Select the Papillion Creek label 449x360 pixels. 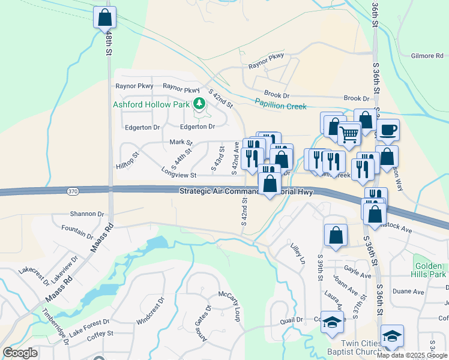pyautogui.click(x=280, y=106)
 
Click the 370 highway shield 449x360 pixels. pyautogui.click(x=72, y=191)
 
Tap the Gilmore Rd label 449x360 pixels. pyautogui.click(x=427, y=56)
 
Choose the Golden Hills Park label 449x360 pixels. pyautogui.click(x=430, y=269)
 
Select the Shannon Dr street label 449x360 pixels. pyautogui.click(x=87, y=214)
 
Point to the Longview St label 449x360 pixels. pyautogui.click(x=179, y=175)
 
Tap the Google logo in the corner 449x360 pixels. pyautogui.click(x=20, y=352)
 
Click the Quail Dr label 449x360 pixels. pyautogui.click(x=291, y=320)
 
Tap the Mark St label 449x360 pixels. pyautogui.click(x=180, y=142)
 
